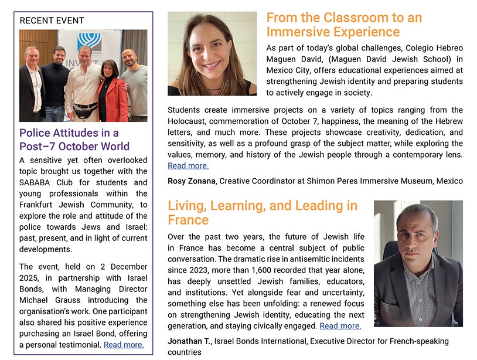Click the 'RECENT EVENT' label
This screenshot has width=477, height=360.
(x=52, y=21)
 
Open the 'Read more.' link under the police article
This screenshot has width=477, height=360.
(x=123, y=345)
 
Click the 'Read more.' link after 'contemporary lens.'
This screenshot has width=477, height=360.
(x=188, y=166)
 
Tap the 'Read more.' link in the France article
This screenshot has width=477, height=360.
(x=340, y=326)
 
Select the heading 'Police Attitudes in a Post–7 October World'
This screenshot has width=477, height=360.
(x=74, y=140)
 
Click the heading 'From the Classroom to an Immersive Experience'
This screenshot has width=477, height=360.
(x=344, y=25)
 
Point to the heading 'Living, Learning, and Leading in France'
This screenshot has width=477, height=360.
(x=262, y=212)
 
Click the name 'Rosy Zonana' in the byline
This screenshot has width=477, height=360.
(x=191, y=181)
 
